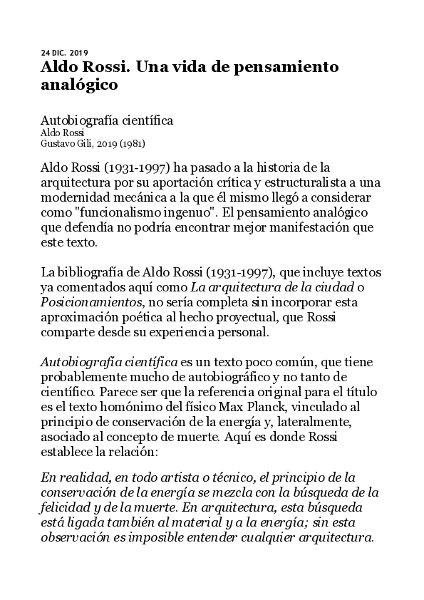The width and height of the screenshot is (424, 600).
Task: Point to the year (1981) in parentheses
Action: point(133,143)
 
